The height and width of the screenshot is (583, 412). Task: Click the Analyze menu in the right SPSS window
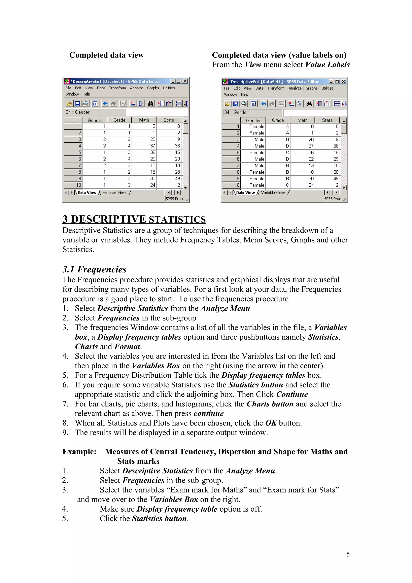[295, 88]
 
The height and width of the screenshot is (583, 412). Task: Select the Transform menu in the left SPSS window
[117, 88]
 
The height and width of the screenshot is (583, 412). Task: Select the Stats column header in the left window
[169, 120]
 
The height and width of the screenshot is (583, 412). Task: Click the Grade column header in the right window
[278, 120]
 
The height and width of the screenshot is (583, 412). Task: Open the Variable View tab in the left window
[114, 193]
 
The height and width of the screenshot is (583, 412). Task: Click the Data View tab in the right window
[245, 193]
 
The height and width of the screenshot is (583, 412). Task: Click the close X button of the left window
[185, 81]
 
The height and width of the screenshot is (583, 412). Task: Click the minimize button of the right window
[331, 81]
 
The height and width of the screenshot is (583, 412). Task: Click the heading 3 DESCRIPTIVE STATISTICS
[134, 219]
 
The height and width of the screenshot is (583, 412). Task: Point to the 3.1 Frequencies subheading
[94, 269]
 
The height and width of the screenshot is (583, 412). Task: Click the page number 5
[348, 554]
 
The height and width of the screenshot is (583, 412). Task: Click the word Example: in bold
[79, 451]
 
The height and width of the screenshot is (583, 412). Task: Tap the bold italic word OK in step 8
[271, 423]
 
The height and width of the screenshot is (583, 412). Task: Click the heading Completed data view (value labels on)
[279, 55]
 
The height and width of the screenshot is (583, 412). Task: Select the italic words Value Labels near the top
[327, 65]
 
